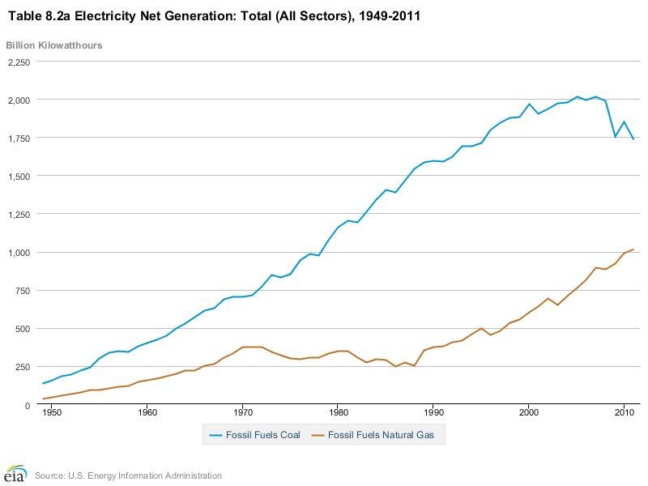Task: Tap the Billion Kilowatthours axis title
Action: [x=55, y=45]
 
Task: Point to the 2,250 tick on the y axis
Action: [x=18, y=62]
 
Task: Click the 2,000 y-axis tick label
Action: [x=18, y=100]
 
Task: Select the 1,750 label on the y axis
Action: [x=18, y=138]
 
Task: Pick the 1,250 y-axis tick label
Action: [x=18, y=214]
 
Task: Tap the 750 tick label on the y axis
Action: [x=22, y=290]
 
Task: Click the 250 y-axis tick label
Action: [x=22, y=367]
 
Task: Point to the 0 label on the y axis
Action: [x=27, y=405]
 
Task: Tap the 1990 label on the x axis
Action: [x=433, y=413]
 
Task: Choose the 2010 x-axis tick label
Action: [x=624, y=413]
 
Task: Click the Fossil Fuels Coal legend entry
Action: [x=254, y=435]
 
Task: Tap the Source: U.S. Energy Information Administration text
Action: [x=128, y=475]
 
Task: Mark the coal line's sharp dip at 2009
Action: [x=615, y=136]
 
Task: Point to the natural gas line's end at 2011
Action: [x=633, y=249]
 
